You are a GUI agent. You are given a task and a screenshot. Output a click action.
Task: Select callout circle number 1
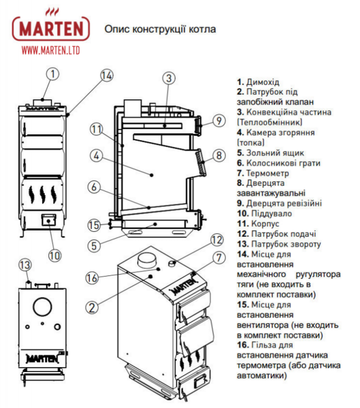coord(52,71)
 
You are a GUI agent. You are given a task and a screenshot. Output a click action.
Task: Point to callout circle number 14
coord(105,75)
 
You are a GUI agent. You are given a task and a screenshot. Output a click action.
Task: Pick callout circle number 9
coord(218,121)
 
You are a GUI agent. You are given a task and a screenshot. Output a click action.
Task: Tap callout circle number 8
coord(218,156)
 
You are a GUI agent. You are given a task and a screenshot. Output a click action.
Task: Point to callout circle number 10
coord(54,256)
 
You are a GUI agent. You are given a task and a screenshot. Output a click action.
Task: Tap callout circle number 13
coord(25,265)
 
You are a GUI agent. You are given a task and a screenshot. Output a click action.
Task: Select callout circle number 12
coord(216,239)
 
